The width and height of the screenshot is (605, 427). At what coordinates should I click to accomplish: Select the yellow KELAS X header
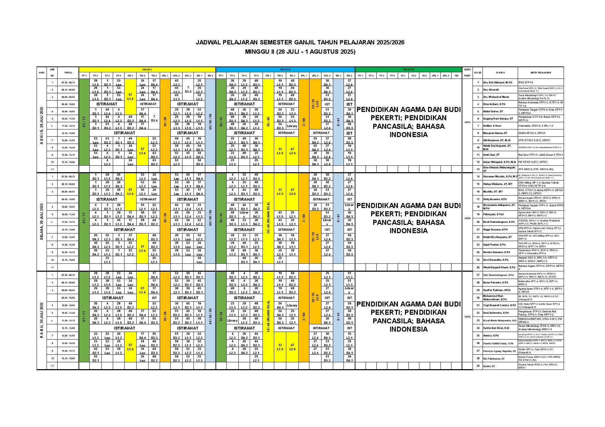147,69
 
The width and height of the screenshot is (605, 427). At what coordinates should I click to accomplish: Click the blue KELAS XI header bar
285,69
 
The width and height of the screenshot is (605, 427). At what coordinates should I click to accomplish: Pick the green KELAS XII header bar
408,69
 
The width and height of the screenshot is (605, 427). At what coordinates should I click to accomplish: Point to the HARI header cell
41,73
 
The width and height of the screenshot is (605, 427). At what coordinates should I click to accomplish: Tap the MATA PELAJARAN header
540,73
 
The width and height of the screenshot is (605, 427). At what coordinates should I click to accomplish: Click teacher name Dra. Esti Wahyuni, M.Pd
497,83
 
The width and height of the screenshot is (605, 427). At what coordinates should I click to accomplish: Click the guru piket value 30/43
467,122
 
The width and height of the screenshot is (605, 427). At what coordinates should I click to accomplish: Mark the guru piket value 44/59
467,218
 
